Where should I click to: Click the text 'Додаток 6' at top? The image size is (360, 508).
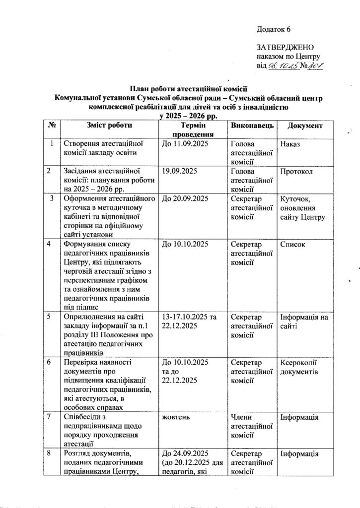pyautogui.click(x=274, y=29)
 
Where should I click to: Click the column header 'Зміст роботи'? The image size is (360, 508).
pyautogui.click(x=109, y=126)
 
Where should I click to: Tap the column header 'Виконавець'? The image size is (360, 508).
pyautogui.click(x=252, y=126)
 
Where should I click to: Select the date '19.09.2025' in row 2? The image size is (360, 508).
pyautogui.click(x=177, y=172)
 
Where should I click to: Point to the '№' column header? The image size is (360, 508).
pyautogui.click(x=50, y=126)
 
